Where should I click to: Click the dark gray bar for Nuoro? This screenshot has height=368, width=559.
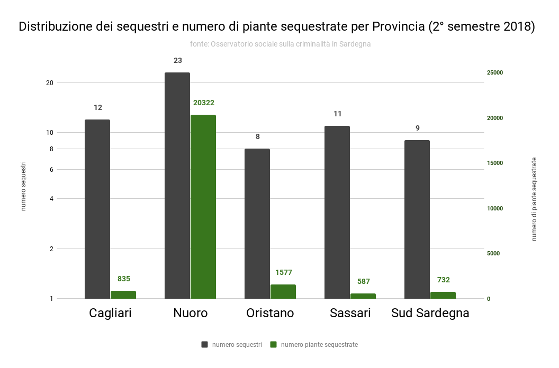point(177,185)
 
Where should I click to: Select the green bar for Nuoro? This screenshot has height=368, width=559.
point(203,206)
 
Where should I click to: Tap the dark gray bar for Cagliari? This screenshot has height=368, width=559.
point(97,209)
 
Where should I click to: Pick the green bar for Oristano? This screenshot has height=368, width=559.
point(283,291)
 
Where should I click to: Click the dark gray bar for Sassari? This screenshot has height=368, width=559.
point(337,212)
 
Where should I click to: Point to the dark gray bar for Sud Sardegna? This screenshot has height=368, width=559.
point(417,219)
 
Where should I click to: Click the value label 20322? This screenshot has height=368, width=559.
point(204,103)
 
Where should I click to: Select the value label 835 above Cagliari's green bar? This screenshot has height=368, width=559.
point(124,279)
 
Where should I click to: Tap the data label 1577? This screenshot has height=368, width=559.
point(284,272)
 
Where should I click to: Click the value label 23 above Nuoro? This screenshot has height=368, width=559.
point(177,60)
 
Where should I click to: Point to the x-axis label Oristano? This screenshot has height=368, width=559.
point(270,313)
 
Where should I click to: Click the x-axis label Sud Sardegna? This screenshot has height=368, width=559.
point(430,313)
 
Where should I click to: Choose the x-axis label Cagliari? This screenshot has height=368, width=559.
point(110,313)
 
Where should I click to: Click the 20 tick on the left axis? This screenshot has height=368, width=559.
point(50,83)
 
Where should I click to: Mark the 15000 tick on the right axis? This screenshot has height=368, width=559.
point(495,163)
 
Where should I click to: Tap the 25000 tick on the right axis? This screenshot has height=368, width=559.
point(495,72)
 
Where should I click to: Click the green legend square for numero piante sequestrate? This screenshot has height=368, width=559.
point(274,345)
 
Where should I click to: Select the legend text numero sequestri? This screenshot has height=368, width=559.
point(237,345)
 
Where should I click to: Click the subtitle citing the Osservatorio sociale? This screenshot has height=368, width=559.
point(280,44)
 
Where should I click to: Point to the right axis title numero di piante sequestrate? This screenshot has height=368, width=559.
point(534,199)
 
